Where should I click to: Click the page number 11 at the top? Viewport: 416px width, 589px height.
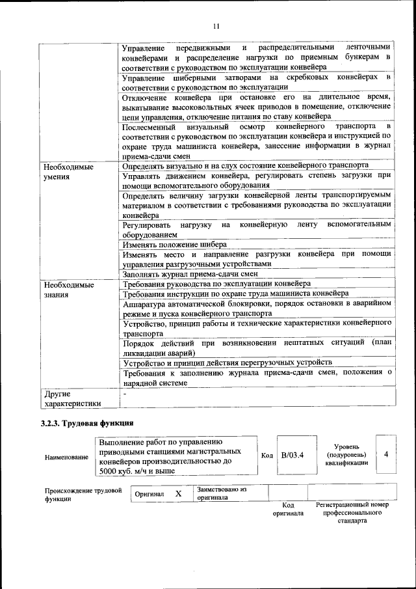coord(216,26)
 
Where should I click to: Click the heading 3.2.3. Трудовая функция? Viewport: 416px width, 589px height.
coord(87,423)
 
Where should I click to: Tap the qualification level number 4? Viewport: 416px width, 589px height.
coord(386,454)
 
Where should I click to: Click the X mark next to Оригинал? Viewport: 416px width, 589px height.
coord(178,493)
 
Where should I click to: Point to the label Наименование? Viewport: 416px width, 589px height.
coord(66,457)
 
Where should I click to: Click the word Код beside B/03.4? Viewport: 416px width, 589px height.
coord(266,454)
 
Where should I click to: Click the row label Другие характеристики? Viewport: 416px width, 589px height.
coord(72,398)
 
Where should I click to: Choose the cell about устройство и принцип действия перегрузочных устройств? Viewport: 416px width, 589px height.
coord(227,362)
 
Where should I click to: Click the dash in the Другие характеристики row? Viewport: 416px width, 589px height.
coord(124,394)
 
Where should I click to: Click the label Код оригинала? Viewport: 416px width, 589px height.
coord(289,509)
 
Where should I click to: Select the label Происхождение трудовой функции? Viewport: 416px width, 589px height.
coord(83,495)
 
